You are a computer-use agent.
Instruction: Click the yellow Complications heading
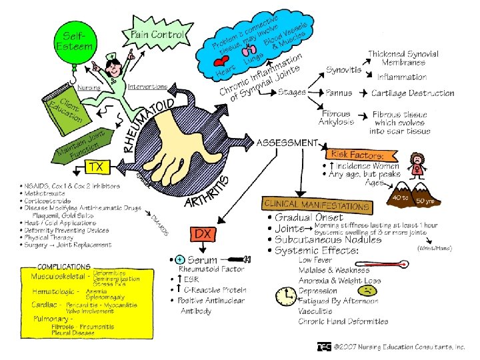tap(63, 267)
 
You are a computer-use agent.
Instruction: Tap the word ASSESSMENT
tap(287, 143)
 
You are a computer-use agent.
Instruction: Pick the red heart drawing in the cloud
tap(220, 63)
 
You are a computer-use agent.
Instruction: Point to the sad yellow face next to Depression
tap(367, 291)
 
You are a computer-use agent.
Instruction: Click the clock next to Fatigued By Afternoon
tap(288, 295)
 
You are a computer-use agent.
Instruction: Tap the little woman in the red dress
tap(418, 164)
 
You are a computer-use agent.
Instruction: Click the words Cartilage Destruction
tap(413, 93)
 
